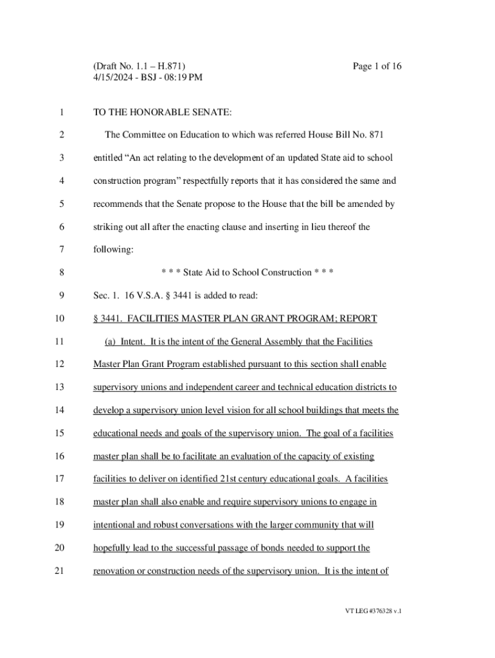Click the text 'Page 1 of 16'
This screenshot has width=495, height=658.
click(x=377, y=66)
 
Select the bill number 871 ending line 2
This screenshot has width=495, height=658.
click(x=375, y=135)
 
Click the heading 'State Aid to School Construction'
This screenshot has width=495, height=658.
click(x=247, y=272)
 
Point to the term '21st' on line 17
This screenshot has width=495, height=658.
click(x=210, y=479)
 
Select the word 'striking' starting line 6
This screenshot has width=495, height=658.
click(x=109, y=227)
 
